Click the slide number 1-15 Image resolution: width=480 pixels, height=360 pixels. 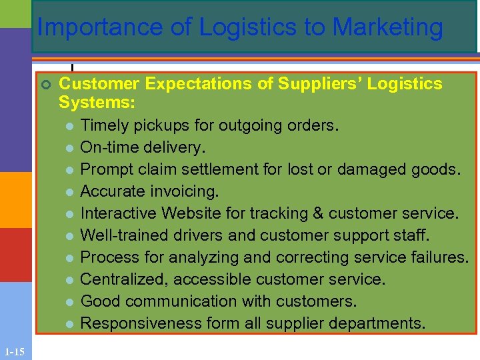[x=13, y=351]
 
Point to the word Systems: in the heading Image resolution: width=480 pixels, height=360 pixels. [x=97, y=103]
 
